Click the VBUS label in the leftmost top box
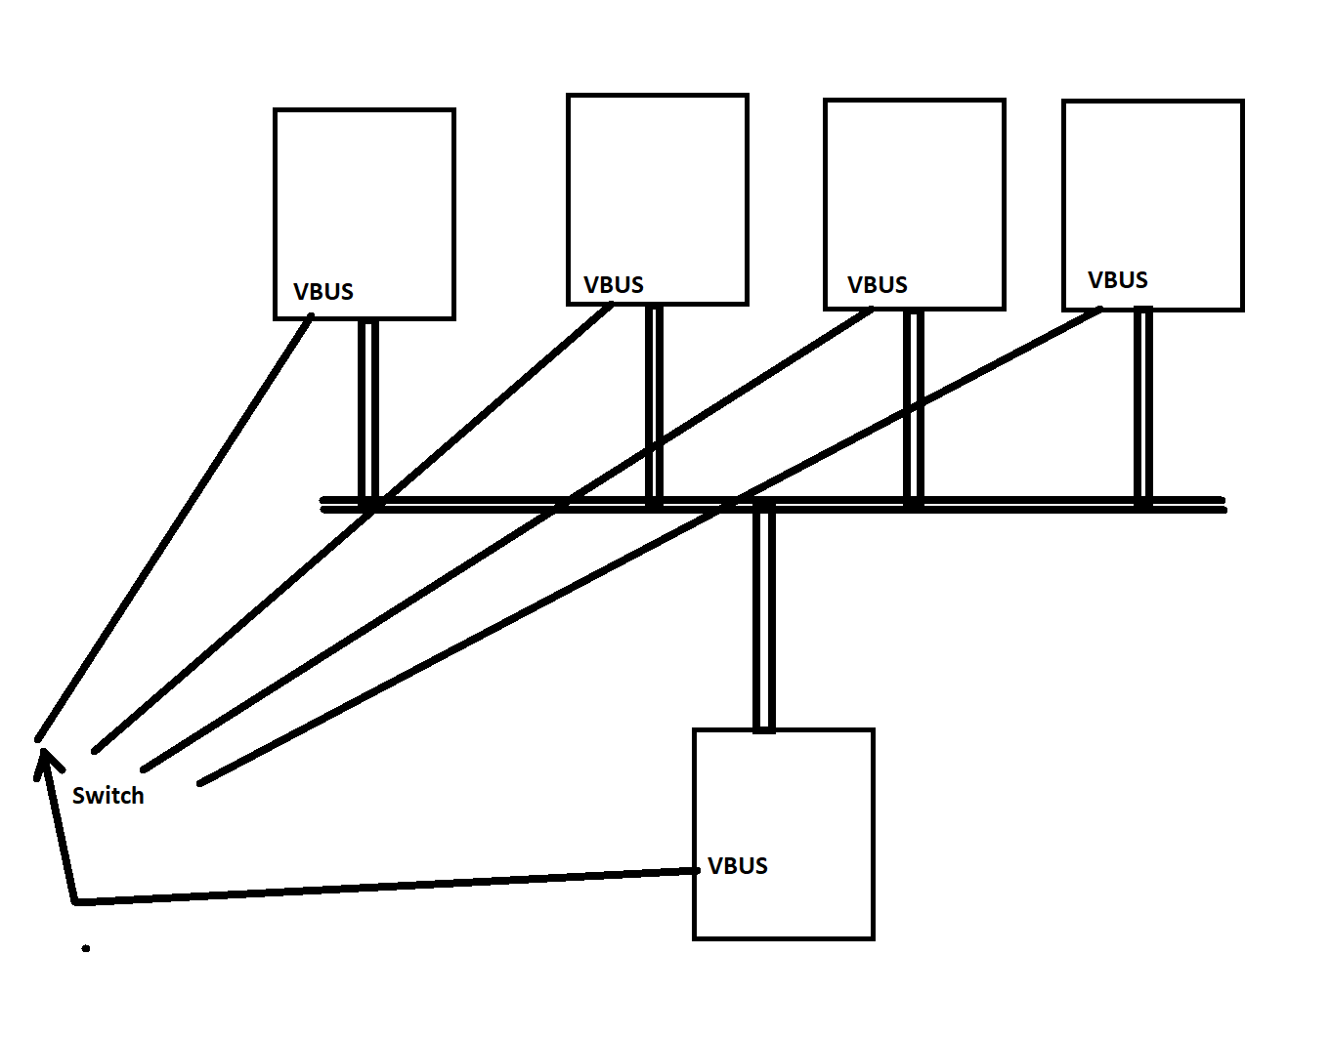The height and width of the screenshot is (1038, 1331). click(x=323, y=292)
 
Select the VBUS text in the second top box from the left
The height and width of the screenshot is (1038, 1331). click(x=614, y=285)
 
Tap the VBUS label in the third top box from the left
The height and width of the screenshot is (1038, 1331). click(x=878, y=285)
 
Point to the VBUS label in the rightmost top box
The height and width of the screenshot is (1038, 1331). click(x=1118, y=280)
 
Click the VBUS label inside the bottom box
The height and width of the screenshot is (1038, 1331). click(x=738, y=866)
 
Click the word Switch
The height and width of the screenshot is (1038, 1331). click(x=108, y=796)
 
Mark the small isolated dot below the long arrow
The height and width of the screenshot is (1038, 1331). click(x=86, y=948)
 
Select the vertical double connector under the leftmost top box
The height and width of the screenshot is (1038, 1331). click(x=368, y=410)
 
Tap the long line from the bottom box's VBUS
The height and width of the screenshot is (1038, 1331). click(x=391, y=887)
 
